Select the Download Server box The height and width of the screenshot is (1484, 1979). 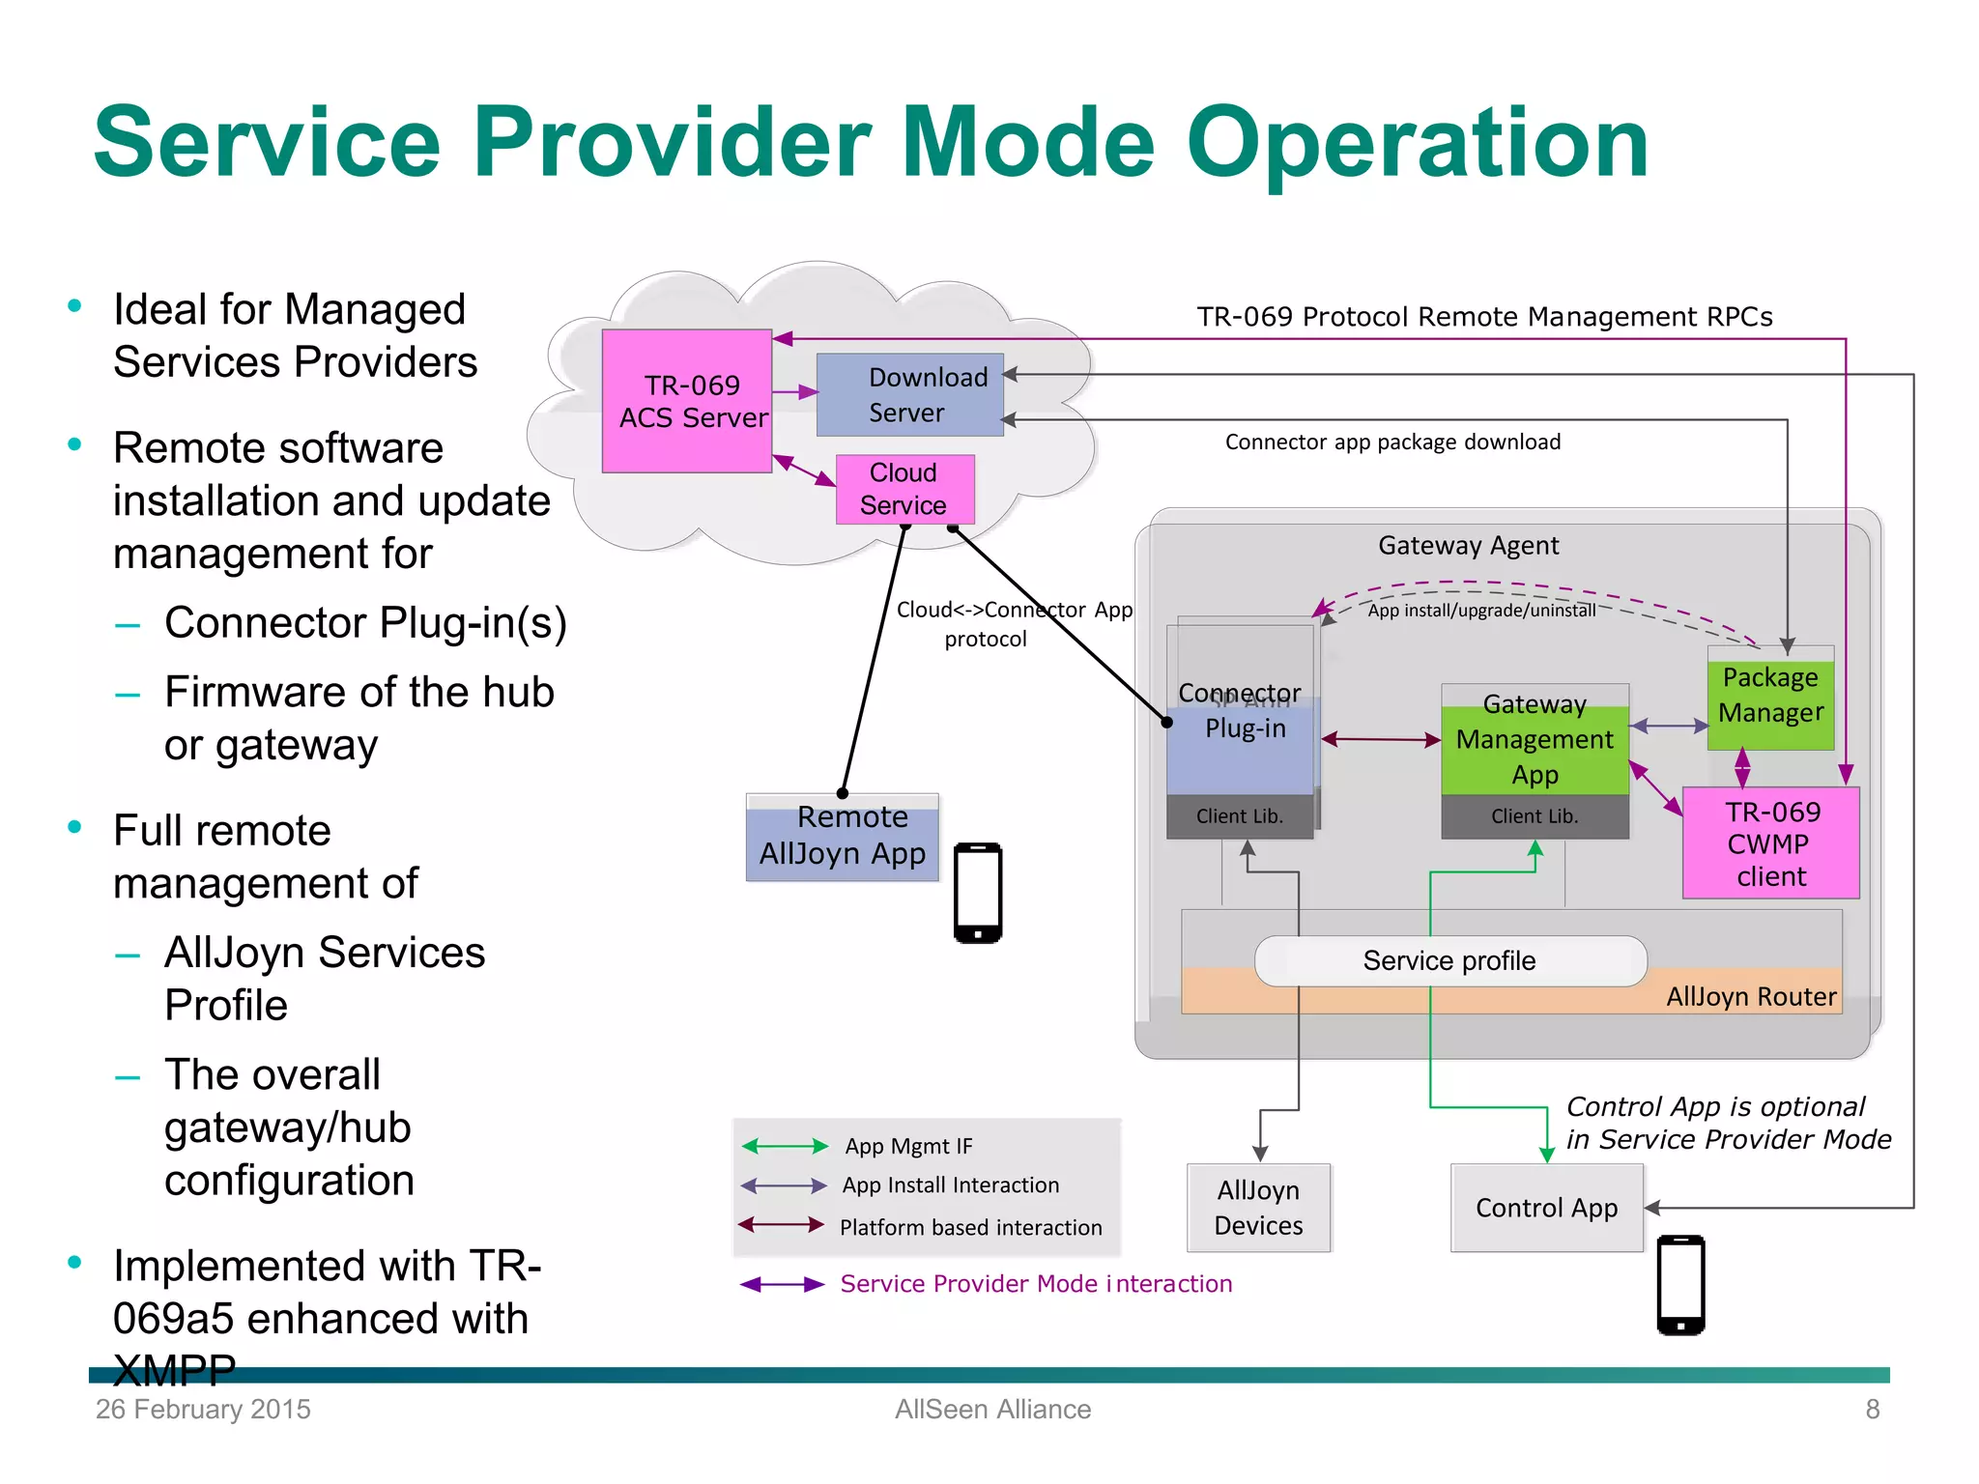pyautogui.click(x=909, y=395)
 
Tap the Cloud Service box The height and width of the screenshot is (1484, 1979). pyautogui.click(x=904, y=489)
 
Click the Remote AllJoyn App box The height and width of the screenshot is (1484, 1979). pyautogui.click(x=842, y=837)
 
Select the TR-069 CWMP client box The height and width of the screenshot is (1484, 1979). pyautogui.click(x=1770, y=843)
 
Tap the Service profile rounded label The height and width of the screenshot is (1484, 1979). pyautogui.click(x=1449, y=960)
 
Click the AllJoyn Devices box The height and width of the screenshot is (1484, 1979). pyautogui.click(x=1258, y=1208)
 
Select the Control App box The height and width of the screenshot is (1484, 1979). pyautogui.click(x=1546, y=1208)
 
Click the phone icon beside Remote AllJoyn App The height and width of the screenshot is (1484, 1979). pyautogui.click(x=978, y=893)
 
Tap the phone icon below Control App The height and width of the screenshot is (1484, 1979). pyautogui.click(x=1680, y=1285)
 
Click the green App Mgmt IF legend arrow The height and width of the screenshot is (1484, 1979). pyautogui.click(x=785, y=1146)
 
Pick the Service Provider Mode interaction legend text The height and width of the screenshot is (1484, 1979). pyautogui.click(x=1036, y=1284)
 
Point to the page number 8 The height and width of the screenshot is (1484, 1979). pyautogui.click(x=1872, y=1410)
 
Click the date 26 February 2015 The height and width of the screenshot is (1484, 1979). pyautogui.click(x=203, y=1410)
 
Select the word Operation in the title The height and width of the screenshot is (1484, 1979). pyautogui.click(x=1417, y=143)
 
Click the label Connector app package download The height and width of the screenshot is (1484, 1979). pyautogui.click(x=1392, y=442)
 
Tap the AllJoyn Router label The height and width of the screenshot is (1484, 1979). pyautogui.click(x=1751, y=996)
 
